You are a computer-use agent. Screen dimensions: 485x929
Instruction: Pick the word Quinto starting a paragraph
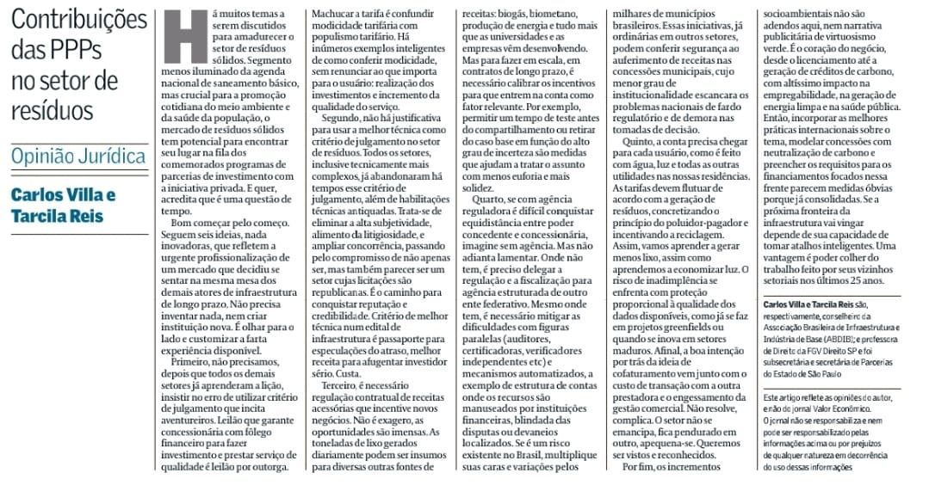point(641,158)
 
